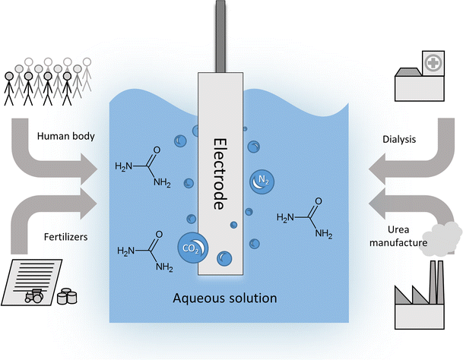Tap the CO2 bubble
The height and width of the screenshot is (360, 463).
coord(191,248)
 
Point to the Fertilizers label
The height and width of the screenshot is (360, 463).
coord(65,236)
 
